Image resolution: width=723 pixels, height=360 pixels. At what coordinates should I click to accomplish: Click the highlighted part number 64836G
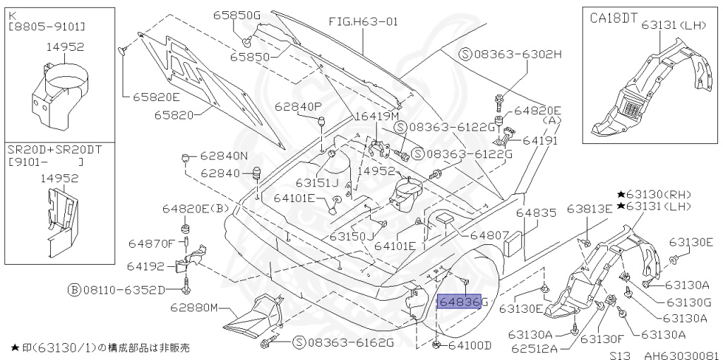[460, 302]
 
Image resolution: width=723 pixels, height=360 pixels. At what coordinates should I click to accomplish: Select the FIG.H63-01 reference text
[363, 21]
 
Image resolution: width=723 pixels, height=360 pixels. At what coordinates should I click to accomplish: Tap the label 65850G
[237, 15]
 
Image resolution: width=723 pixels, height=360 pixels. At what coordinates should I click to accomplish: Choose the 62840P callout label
[298, 107]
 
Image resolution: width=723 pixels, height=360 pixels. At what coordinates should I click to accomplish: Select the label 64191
[540, 140]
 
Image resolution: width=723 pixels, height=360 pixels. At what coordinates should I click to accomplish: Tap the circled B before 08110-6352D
[73, 289]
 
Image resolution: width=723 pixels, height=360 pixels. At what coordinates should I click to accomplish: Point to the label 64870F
[151, 244]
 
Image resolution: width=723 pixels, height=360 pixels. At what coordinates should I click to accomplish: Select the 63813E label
[590, 209]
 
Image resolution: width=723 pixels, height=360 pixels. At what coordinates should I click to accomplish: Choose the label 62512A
[534, 347]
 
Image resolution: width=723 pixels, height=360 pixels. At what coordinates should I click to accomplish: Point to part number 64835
[536, 212]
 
